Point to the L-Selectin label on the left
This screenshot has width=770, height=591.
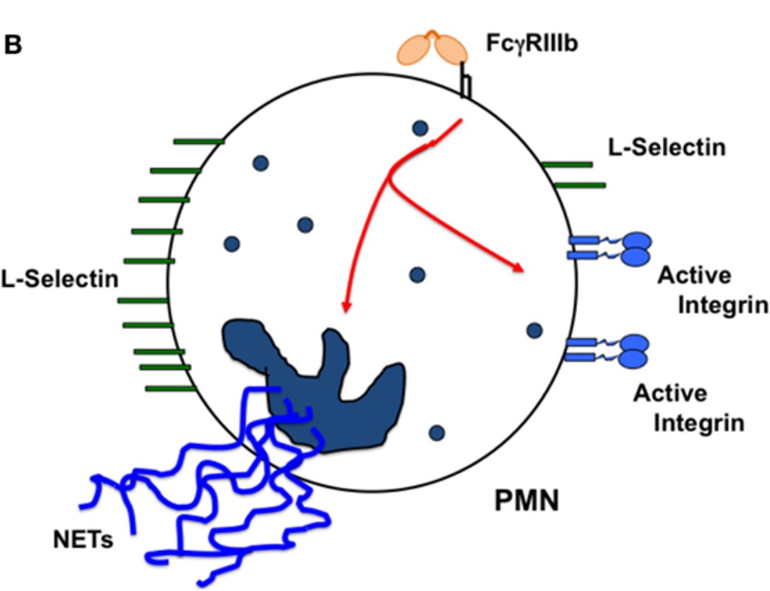click(60, 279)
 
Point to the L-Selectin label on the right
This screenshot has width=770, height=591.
click(667, 147)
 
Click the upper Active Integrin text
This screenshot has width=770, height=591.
click(712, 290)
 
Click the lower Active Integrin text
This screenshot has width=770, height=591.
click(689, 407)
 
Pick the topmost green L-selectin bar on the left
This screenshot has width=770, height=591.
click(198, 141)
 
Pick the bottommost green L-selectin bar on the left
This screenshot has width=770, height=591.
click(170, 388)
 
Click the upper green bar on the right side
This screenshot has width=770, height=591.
click(567, 164)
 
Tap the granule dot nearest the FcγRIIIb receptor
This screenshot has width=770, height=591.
click(420, 129)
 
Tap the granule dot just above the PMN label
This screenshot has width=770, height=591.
click(436, 432)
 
